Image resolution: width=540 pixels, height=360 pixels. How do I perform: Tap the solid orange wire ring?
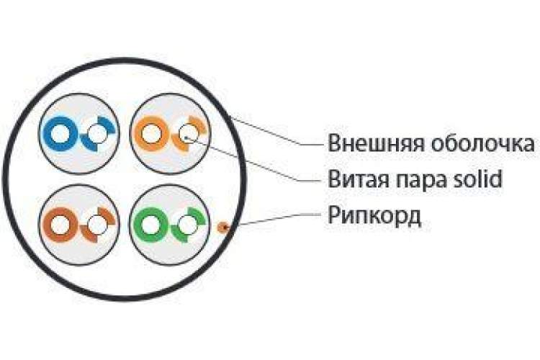pos(138,134)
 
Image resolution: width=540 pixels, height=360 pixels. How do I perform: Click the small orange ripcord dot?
pos(223,227)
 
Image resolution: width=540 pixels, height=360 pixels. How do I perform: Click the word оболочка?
pos(483,143)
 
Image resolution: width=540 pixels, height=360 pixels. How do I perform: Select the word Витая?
pos(359,179)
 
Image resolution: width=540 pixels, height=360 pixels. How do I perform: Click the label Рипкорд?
pos(374,216)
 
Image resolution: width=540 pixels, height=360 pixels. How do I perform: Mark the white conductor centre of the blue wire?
pos(61,134)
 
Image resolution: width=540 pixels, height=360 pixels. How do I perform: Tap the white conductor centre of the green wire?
pos(150,225)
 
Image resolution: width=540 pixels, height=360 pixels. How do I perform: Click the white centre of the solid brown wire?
pos(60,225)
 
